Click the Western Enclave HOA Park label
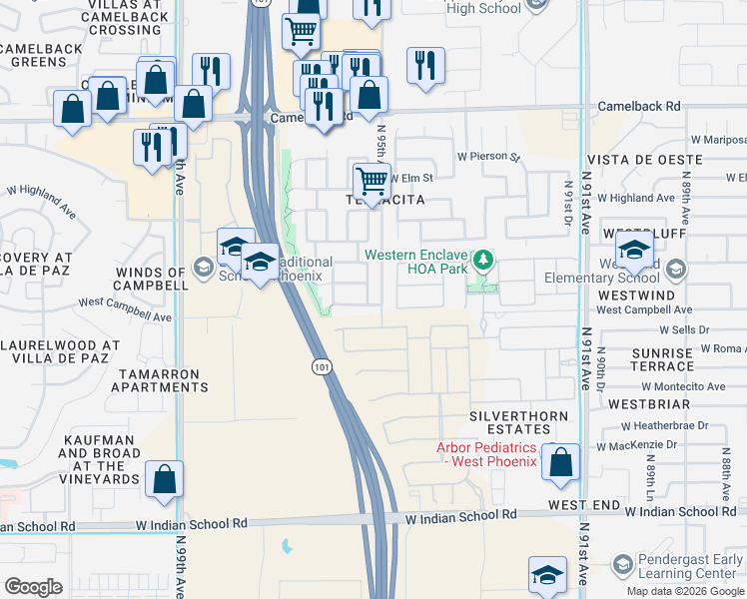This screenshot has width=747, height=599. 417,262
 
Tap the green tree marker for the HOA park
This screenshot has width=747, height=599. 484,261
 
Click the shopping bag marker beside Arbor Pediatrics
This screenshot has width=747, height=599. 562,461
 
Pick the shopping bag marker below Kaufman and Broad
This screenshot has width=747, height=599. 164,479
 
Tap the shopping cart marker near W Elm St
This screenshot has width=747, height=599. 372,182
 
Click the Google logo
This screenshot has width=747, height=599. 32,586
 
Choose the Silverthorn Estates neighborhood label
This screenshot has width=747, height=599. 519,422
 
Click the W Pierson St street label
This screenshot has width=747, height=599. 489,157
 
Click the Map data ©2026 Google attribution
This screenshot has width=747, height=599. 685,591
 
